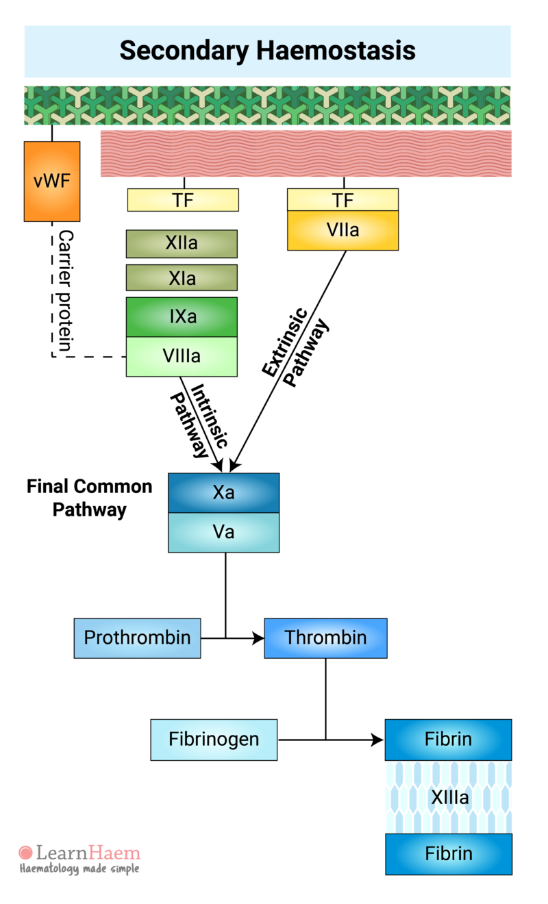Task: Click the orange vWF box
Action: pyautogui.click(x=52, y=181)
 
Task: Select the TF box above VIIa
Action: pyautogui.click(x=342, y=200)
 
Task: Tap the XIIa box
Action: pyautogui.click(x=182, y=244)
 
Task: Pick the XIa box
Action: pyautogui.click(x=182, y=278)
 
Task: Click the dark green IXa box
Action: pyautogui.click(x=182, y=317)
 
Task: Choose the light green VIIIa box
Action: pyautogui.click(x=182, y=357)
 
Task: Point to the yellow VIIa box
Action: pyautogui.click(x=342, y=230)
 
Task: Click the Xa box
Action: pyautogui.click(x=224, y=492)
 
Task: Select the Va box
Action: pyautogui.click(x=224, y=532)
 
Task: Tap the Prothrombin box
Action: pyautogui.click(x=137, y=638)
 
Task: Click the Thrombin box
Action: pyautogui.click(x=325, y=638)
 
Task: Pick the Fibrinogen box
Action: pyautogui.click(x=214, y=740)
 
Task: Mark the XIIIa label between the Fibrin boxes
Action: pyautogui.click(x=449, y=798)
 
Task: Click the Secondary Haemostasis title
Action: pyautogui.click(x=267, y=51)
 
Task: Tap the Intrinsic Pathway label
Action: pyautogui.click(x=200, y=420)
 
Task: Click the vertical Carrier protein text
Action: pyautogui.click(x=66, y=290)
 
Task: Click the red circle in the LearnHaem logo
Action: pyautogui.click(x=26, y=853)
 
